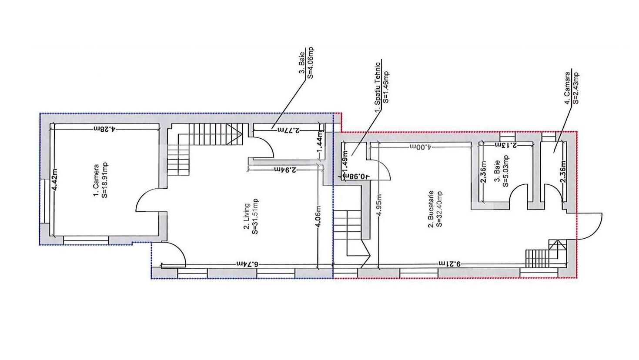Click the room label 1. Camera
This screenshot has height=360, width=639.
point(96,180)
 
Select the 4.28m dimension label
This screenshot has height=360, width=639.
point(104,129)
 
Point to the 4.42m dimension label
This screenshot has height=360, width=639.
point(54,180)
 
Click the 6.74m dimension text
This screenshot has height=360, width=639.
point(248,264)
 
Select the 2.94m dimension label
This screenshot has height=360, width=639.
point(285,170)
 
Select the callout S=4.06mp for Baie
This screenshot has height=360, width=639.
point(310,62)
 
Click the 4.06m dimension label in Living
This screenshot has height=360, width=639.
point(318,216)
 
